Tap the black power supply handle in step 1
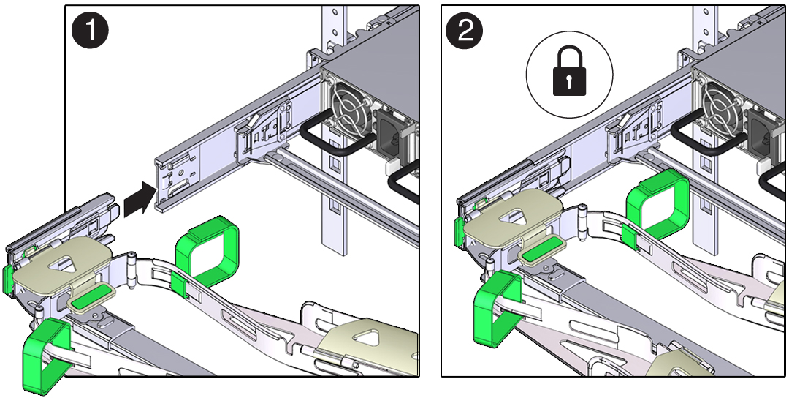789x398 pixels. (x=328, y=139)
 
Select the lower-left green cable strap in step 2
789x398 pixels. (x=496, y=307)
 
